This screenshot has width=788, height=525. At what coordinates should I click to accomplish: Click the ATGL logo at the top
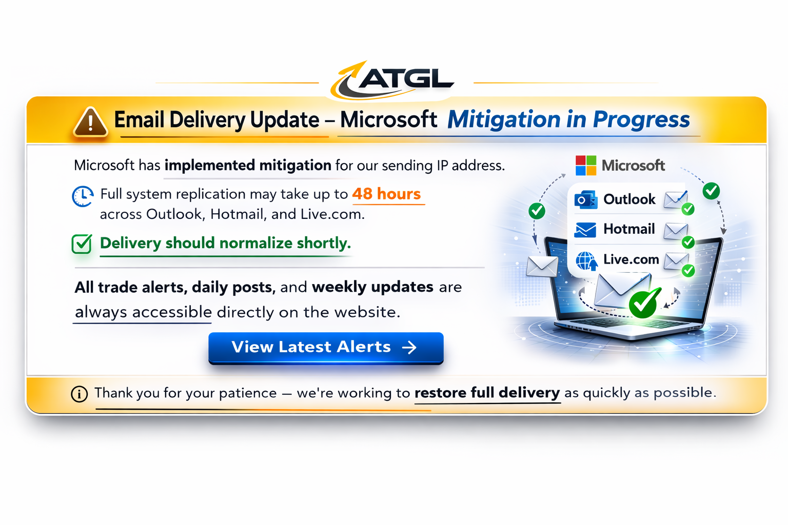(x=392, y=80)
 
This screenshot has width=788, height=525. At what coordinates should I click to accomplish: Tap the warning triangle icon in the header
(x=90, y=122)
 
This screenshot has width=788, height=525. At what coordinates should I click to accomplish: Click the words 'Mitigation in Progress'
(x=568, y=119)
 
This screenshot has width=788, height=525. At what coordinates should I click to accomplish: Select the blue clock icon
(x=83, y=196)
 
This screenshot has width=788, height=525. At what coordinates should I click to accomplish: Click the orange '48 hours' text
(x=387, y=194)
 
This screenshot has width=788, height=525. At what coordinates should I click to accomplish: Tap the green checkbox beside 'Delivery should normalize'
(x=82, y=244)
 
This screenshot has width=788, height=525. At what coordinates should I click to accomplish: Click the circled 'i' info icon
(x=79, y=394)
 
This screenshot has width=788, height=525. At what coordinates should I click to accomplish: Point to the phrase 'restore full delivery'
(x=487, y=392)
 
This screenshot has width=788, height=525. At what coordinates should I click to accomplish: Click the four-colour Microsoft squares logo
(x=586, y=165)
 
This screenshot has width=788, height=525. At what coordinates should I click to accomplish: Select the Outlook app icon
(x=586, y=200)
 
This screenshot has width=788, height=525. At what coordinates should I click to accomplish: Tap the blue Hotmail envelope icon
(x=585, y=230)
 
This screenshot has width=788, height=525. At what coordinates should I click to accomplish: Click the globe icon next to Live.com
(x=586, y=260)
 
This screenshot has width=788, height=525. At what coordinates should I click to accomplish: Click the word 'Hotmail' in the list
(x=629, y=229)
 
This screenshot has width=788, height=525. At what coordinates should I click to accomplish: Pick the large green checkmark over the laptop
(x=644, y=303)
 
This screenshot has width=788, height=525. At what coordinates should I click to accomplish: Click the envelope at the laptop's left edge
(x=542, y=267)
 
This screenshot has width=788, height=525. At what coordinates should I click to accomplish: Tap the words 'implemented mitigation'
(x=248, y=165)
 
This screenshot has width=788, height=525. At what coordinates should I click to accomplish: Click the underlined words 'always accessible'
(x=143, y=312)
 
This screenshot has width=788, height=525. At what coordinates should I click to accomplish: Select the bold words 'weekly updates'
(x=372, y=287)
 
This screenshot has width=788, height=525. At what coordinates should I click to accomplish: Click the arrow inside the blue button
(x=409, y=348)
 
